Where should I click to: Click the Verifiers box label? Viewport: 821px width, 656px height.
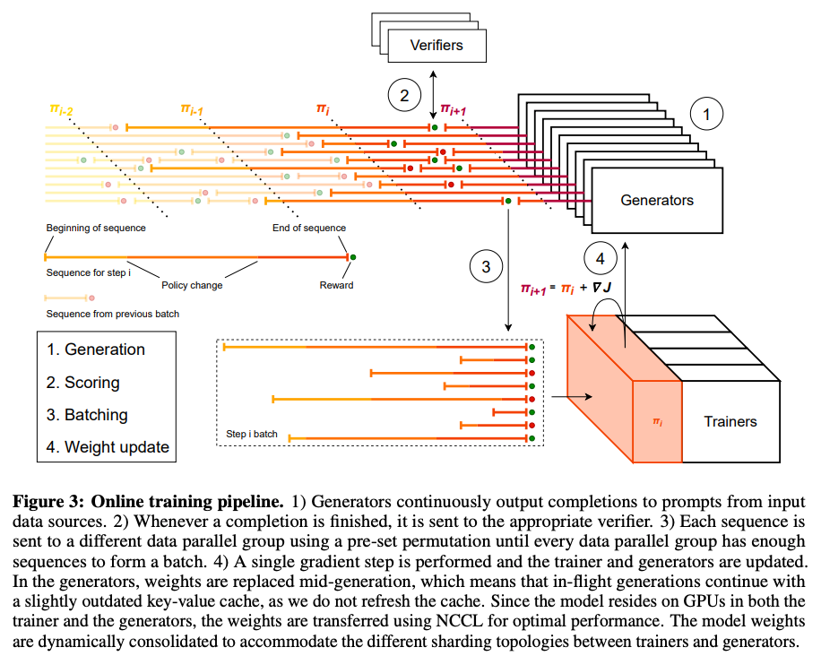pos(436,45)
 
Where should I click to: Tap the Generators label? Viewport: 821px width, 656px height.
pos(657,200)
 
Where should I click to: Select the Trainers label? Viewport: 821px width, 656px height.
pos(730,421)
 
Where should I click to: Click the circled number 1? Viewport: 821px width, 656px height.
pos(706,114)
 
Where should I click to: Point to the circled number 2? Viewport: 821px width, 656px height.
pos(404,95)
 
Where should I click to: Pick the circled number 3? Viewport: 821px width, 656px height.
pos(486,266)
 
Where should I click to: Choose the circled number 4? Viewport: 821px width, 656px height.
pos(600,259)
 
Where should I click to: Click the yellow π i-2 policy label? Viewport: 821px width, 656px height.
pos(61,109)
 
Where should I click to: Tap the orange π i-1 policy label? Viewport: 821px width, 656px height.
pos(192,109)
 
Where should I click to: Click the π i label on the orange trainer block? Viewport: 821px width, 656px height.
pos(658,421)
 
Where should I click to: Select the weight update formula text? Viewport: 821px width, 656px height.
pos(566,288)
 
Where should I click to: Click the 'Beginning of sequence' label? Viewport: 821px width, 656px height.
pos(96,228)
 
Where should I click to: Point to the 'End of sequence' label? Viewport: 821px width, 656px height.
pos(309,228)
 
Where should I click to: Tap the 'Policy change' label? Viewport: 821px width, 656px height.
pos(192,285)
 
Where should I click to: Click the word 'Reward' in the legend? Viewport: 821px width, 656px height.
pos(336,285)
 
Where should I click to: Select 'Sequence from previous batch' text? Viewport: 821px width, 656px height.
pos(113,314)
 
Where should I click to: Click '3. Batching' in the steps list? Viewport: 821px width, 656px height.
pos(87,415)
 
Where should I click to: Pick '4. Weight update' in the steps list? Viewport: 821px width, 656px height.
pos(108,447)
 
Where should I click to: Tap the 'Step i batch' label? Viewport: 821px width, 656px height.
pos(251,434)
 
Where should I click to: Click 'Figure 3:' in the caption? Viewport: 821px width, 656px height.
pos(48,502)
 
